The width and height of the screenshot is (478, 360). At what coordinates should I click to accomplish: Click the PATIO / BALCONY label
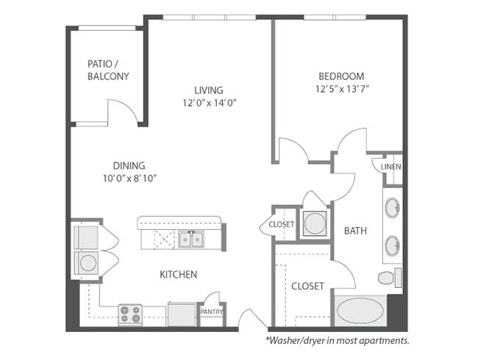pos(108,70)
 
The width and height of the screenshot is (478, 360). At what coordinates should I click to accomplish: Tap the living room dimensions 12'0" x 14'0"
pos(210,103)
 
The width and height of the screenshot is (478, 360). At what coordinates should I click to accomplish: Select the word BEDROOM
pos(341,76)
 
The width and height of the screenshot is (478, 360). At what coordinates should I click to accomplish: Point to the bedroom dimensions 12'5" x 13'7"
pos(343,89)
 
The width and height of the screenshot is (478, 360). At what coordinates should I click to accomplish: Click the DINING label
pos(129,166)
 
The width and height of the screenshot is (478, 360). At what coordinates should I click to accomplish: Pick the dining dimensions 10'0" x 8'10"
pos(129,179)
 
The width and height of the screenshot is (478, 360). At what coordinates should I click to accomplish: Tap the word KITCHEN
pos(179,275)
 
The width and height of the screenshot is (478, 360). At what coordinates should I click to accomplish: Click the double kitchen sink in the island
pos(191,240)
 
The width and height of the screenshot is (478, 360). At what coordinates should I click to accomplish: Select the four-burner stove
pos(130,314)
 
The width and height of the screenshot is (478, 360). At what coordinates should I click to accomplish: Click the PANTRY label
pos(212,312)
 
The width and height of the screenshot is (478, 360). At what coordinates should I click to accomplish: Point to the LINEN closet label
pos(390,167)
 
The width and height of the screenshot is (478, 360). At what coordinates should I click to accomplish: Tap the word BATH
pos(355,231)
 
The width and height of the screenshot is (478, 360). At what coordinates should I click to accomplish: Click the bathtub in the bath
pos(360,311)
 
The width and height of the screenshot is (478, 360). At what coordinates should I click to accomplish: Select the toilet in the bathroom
pos(390,278)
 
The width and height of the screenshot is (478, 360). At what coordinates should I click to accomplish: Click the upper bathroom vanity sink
pos(393,208)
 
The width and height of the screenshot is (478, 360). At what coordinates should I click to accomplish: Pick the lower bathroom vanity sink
pos(393,245)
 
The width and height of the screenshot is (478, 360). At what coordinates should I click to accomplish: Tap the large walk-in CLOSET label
pos(307,286)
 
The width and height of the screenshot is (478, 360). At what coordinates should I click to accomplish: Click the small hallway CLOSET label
pos(281,225)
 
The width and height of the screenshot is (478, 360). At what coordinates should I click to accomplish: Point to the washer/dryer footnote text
pos(338,340)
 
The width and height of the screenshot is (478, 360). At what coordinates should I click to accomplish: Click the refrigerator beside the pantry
pos(182,314)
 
